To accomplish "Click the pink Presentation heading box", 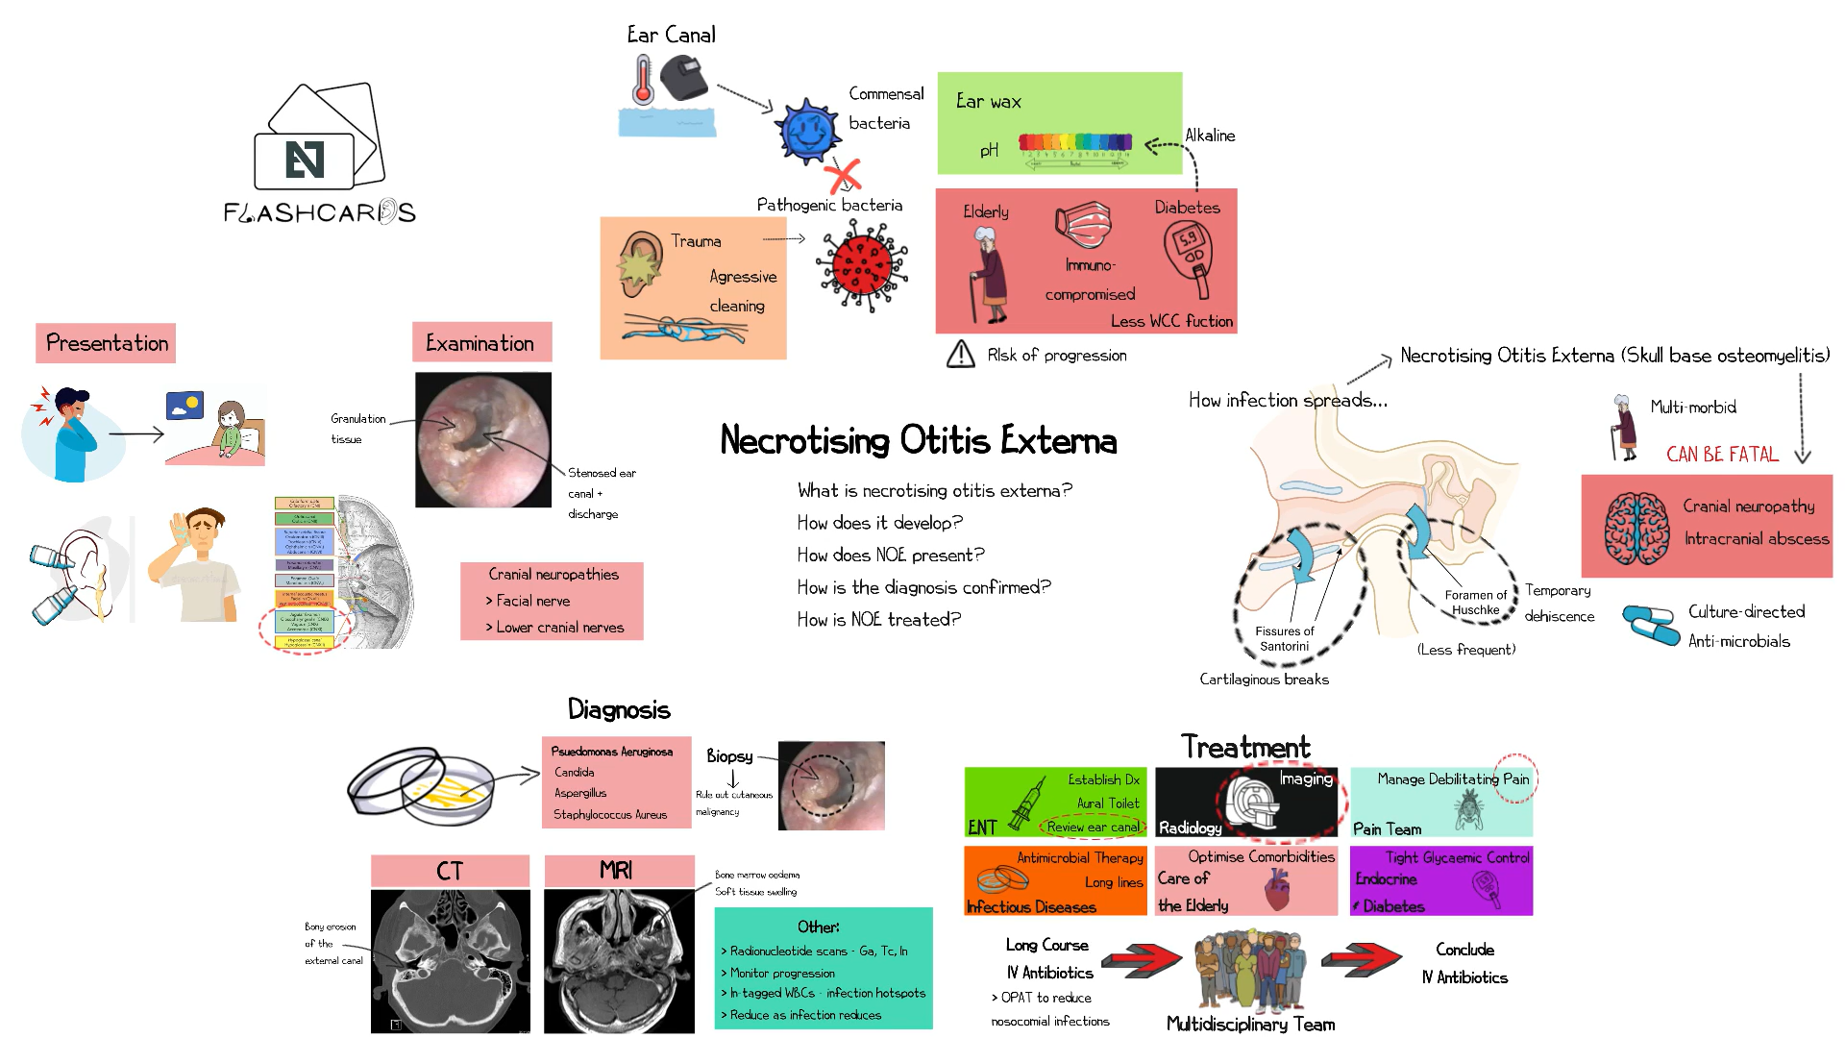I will tap(106, 343).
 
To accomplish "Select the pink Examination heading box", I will tap(481, 342).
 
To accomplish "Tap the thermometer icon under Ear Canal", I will tap(642, 80).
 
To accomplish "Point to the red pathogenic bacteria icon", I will tap(862, 265).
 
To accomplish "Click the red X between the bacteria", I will tap(843, 177).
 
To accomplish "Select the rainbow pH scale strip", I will tap(1075, 143).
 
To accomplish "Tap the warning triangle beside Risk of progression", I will tap(960, 355).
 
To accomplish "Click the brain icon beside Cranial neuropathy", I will tap(1636, 528).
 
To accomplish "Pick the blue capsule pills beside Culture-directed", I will tap(1650, 624).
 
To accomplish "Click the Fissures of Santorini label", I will tap(1284, 638).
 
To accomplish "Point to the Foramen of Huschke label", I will tap(1475, 602).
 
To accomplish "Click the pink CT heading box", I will tap(450, 871).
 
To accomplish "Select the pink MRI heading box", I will tap(618, 871).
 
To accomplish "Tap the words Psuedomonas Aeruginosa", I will tap(612, 752).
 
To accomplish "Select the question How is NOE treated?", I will tap(878, 620).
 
